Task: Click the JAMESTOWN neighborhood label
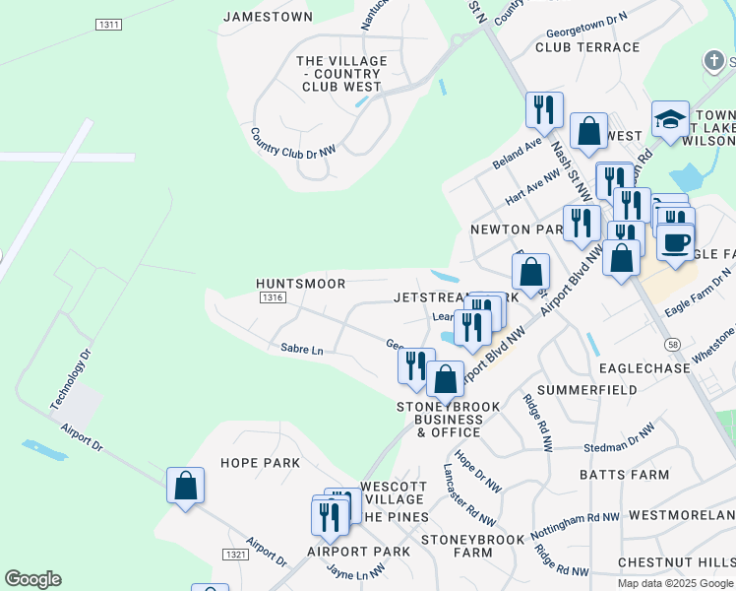click(268, 17)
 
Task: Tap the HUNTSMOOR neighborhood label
click(300, 284)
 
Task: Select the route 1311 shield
click(109, 23)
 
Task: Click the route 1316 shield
click(273, 297)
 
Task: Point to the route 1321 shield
click(236, 556)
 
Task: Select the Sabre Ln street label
click(301, 349)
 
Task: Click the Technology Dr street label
click(70, 380)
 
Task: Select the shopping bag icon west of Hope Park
click(185, 486)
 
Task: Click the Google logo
click(32, 579)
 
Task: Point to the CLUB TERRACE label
click(587, 46)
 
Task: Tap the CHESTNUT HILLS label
click(675, 562)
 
